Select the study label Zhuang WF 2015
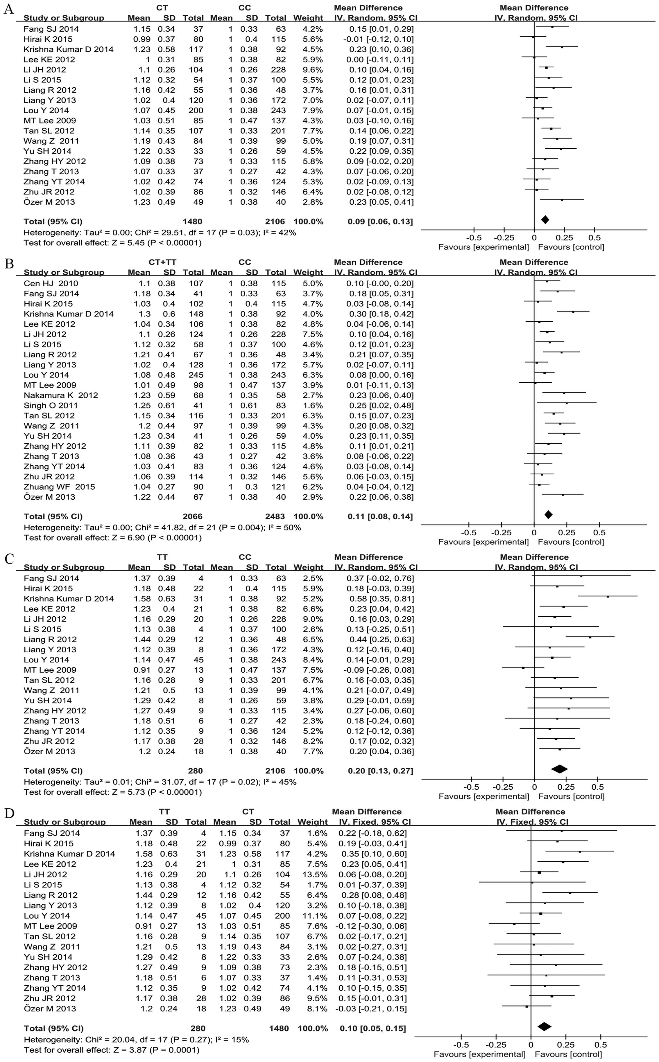click(x=59, y=487)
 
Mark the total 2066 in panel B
click(x=192, y=516)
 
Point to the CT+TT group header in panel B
click(x=162, y=262)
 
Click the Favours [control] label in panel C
click(x=571, y=796)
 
